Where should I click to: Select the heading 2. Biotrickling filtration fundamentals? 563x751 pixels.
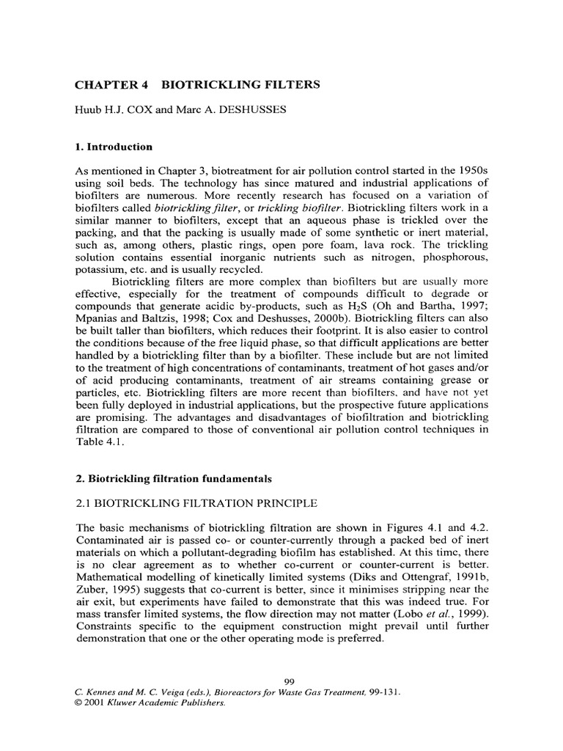point(174,479)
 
